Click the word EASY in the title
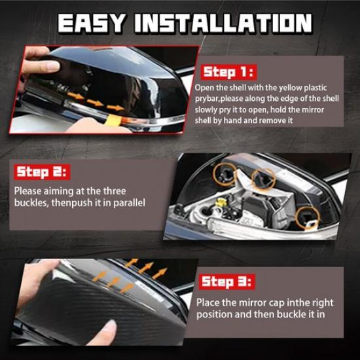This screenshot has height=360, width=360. tap(91, 23)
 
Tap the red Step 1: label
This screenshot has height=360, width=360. tap(227, 72)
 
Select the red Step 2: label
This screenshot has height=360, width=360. tap(42, 172)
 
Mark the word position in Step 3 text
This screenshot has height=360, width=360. tap(214, 314)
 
